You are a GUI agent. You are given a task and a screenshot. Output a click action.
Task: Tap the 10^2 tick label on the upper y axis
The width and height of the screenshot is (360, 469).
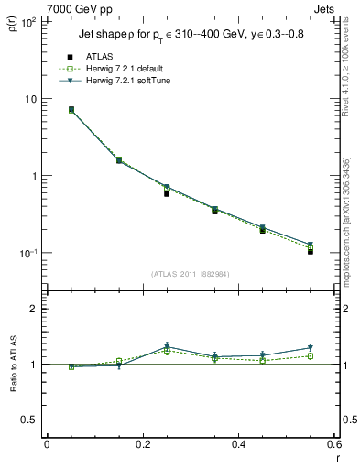pos(27,21)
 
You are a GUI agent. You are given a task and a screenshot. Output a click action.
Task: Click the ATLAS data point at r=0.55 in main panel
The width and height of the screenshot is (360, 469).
pos(311,251)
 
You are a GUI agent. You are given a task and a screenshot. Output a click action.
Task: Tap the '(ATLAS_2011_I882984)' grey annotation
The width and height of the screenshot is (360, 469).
pos(189,272)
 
